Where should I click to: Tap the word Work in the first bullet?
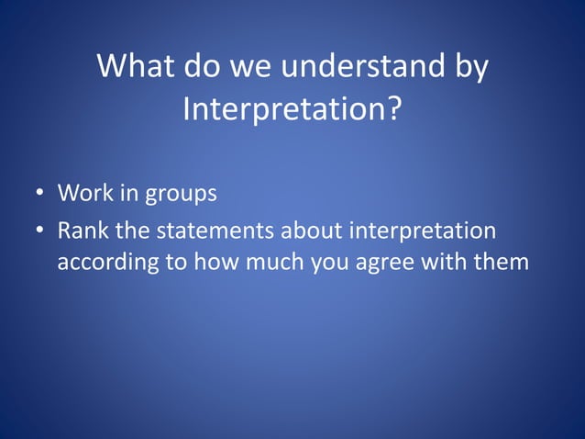pyautogui.click(x=83, y=194)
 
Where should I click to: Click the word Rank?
pyautogui.click(x=81, y=229)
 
